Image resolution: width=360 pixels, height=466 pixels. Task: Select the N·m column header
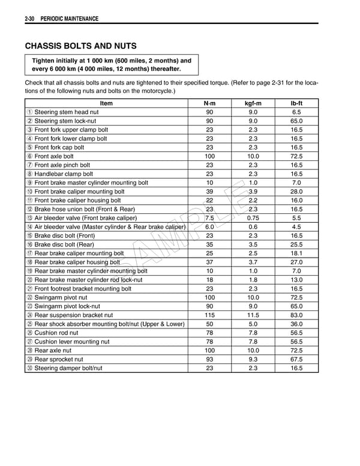[x=209, y=103]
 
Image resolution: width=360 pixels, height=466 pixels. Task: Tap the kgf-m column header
[x=253, y=103]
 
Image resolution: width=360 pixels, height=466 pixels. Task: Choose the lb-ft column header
[x=296, y=103]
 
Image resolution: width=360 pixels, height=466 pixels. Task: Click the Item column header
[x=106, y=103]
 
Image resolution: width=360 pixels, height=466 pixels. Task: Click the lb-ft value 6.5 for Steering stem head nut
[x=296, y=112]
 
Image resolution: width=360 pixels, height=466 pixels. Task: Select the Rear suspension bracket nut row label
[x=73, y=315]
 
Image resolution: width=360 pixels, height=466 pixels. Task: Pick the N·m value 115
[x=209, y=315]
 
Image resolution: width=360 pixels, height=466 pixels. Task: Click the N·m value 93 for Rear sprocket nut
[x=209, y=359]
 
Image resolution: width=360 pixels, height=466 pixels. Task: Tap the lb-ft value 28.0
[x=296, y=192]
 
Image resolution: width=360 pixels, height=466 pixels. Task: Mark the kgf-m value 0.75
[x=253, y=218]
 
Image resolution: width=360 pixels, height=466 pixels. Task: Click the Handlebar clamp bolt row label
[x=65, y=174]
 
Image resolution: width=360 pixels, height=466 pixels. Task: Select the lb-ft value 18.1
[x=296, y=253]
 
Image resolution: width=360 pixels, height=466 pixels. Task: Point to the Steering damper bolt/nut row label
[x=68, y=368]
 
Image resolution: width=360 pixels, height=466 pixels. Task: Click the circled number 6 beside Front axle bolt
[x=30, y=156]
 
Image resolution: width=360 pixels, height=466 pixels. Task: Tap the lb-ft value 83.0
[x=296, y=315]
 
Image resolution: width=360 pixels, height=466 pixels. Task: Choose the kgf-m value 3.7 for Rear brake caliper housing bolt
[x=253, y=262]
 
